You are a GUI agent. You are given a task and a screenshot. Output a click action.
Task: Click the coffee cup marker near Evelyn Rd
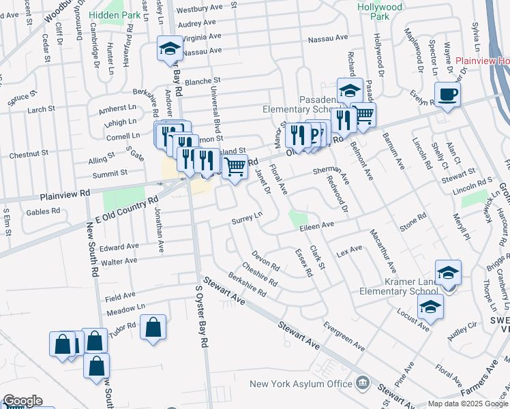[x=447, y=95]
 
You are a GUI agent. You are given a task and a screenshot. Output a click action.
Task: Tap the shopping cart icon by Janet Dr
[x=235, y=166]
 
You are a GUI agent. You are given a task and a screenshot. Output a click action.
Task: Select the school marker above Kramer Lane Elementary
[x=448, y=273]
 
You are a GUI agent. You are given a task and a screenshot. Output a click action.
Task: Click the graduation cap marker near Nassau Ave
[x=170, y=49]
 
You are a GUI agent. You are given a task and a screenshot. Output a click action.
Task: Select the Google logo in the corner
[x=22, y=401]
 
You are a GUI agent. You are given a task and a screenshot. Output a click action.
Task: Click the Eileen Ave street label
[x=317, y=225]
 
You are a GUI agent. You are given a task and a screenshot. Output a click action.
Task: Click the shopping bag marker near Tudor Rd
[x=153, y=327]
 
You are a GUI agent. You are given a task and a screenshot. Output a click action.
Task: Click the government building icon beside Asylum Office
[x=363, y=384]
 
